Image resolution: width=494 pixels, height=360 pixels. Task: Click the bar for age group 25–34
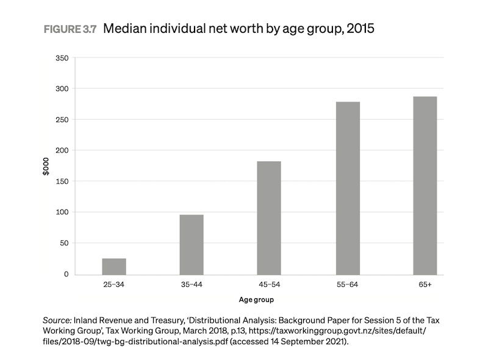(114, 267)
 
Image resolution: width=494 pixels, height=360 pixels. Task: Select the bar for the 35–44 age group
(192, 245)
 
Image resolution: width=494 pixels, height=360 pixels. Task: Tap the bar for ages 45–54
(269, 218)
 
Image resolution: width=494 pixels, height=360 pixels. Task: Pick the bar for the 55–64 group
(348, 189)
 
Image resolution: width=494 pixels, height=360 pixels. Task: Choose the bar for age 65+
(425, 185)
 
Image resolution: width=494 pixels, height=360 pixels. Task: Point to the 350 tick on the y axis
(61, 58)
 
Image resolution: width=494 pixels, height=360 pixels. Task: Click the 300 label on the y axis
(61, 89)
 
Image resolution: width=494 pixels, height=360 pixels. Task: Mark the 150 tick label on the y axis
(61, 181)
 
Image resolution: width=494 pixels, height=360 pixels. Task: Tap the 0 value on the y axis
(65, 275)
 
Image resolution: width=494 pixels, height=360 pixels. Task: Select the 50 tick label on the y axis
(63, 243)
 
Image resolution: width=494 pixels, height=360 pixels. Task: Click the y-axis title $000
(46, 166)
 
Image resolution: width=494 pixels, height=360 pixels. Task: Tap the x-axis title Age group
(257, 300)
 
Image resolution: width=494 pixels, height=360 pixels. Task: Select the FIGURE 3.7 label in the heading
(70, 29)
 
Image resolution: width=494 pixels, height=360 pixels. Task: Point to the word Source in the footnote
(57, 320)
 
